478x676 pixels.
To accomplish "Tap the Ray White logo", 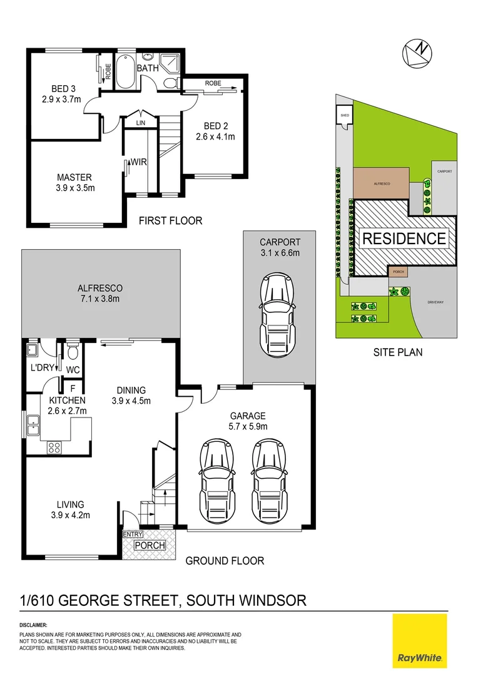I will (419, 640).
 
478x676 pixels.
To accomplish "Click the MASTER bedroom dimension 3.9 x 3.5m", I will (74, 187).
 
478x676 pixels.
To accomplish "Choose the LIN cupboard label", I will (141, 123).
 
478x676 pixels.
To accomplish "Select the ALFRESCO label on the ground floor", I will (99, 288).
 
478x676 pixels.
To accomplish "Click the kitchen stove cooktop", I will (54, 448).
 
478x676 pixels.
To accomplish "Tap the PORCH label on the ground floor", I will (150, 545).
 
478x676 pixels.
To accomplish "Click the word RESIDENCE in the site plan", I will (404, 238).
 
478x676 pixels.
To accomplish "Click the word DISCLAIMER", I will (33, 625).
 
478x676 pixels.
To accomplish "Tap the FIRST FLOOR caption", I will (170, 220).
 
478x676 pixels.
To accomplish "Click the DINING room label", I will (131, 390).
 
